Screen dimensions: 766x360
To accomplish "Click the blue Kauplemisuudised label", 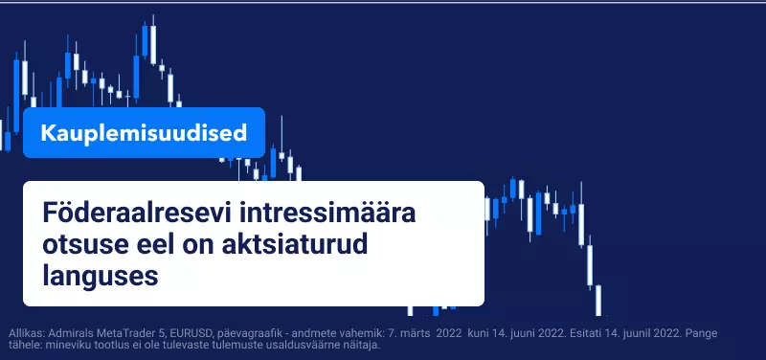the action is pos(144,133).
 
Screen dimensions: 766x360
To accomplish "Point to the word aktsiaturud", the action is pos(295,245).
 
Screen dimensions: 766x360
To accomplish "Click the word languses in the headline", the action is pos(101,277).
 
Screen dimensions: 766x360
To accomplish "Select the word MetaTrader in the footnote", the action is pos(132,334).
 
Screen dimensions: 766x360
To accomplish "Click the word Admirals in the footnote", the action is pos(74,334).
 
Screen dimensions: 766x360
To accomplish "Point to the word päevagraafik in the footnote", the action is pos(247,334).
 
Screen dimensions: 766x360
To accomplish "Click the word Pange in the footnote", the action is pos(702,334).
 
